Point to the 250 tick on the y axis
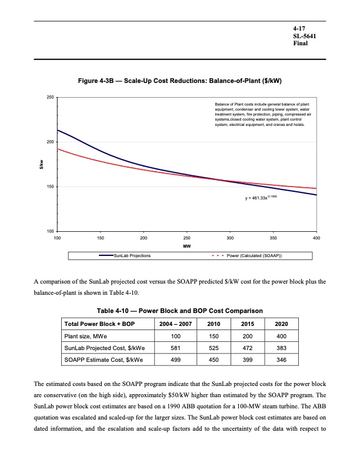pos(51,97)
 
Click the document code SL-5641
pos(304,36)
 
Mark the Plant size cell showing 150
pos(210,336)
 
